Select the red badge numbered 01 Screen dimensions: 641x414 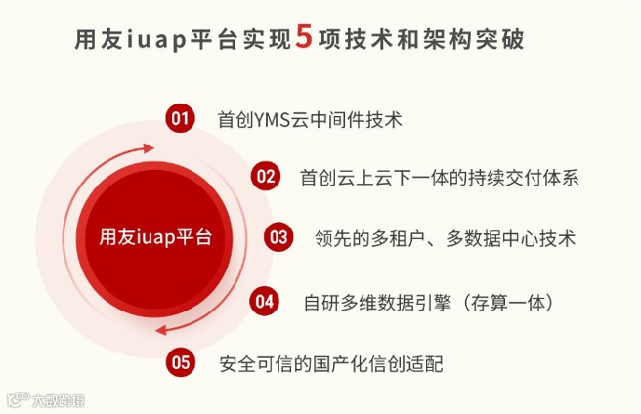pos(179,119)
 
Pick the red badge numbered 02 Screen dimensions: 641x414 pos(265,177)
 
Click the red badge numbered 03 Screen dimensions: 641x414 pos(278,236)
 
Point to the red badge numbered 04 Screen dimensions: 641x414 pos(265,301)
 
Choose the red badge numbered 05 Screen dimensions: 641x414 pos(180,362)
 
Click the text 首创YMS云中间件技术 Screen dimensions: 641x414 pos(310,120)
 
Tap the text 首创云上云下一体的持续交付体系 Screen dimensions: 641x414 pos(440,178)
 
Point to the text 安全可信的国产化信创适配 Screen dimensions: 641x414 pos(331,363)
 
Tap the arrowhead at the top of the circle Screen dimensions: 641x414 pos(149,148)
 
